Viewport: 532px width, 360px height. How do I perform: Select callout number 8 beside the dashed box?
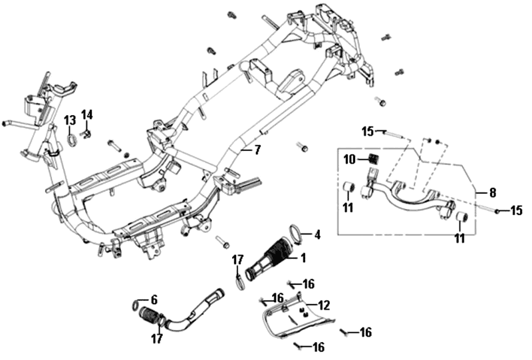coord(492,193)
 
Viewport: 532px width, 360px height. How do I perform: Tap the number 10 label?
coord(350,160)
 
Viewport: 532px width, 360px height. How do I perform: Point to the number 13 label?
coord(70,120)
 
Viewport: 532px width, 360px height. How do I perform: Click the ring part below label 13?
coord(70,140)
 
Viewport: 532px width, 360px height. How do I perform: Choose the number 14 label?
coord(87,114)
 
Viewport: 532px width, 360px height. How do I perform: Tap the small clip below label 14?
coord(86,135)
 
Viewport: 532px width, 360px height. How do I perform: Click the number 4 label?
coord(317,234)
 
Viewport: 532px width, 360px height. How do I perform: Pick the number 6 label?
coord(154,300)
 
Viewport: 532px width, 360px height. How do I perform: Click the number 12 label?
coord(324,305)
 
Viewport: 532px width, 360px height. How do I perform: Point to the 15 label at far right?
coord(517,211)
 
